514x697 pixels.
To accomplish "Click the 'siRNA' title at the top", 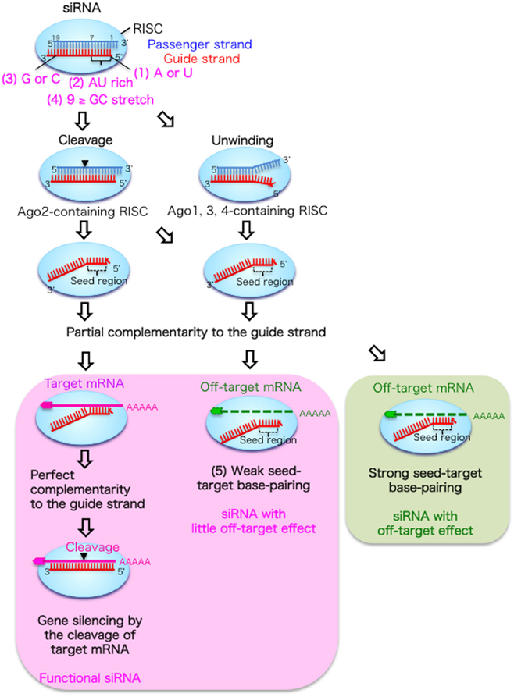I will (x=80, y=9).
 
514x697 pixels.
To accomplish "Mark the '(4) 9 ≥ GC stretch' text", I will (x=98, y=100).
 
